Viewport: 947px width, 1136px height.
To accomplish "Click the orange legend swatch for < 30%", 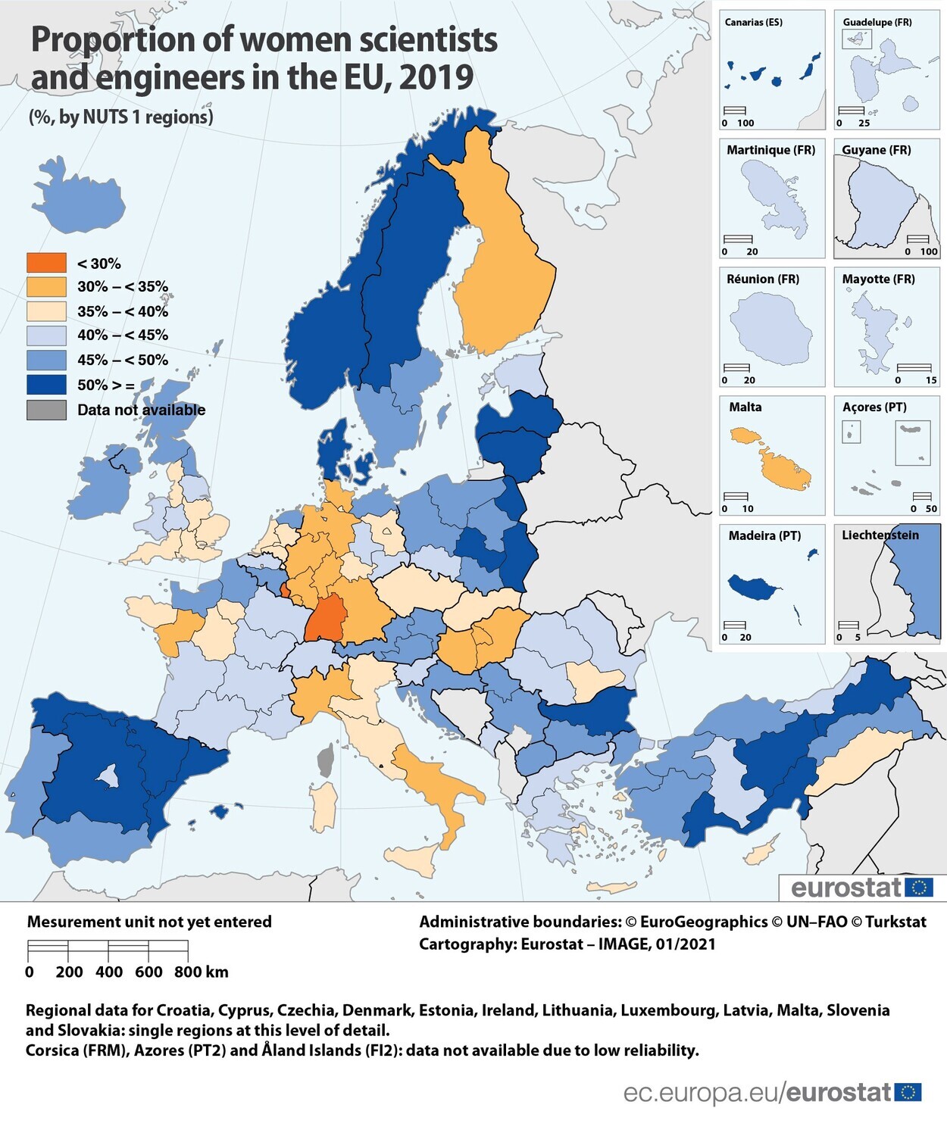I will pos(46,263).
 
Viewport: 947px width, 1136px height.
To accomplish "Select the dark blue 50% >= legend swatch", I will pos(46,385).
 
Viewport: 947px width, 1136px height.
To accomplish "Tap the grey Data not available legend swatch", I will pos(46,410).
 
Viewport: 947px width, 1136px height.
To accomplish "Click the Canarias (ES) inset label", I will pos(753,22).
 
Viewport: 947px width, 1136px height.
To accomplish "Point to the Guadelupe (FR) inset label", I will pos(877,22).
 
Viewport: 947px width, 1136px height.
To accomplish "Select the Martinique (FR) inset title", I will pos(770,150).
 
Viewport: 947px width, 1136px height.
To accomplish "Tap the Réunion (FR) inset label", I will pos(762,279).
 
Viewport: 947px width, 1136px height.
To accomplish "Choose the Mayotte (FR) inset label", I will pos(878,279).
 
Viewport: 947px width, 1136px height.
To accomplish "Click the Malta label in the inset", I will pos(745,407).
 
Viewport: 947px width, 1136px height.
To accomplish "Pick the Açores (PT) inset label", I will pos(874,407).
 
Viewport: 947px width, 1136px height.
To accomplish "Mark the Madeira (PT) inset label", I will pos(764,535).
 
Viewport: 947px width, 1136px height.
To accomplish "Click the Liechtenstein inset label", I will pos(880,535).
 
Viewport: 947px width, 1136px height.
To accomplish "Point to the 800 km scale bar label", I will pos(200,972).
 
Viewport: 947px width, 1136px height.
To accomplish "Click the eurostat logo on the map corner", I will pos(861,888).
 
